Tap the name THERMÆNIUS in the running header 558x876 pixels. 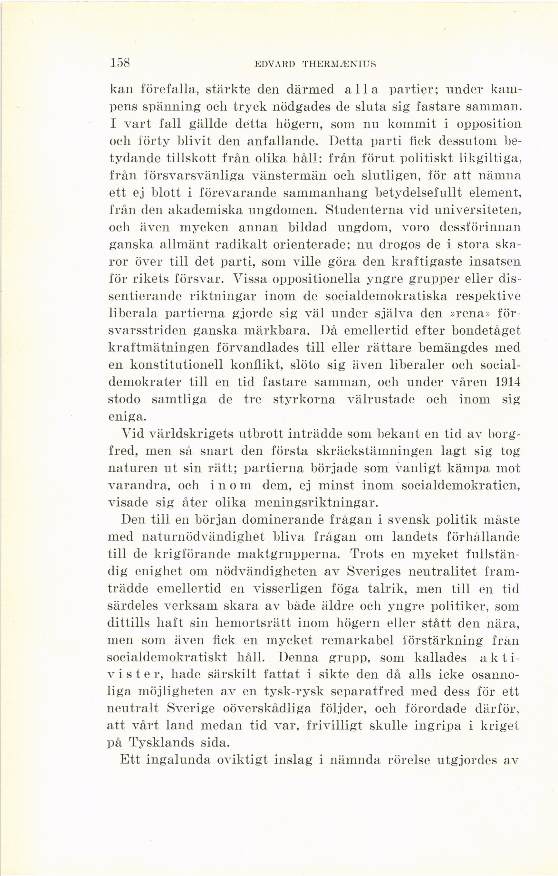(x=339, y=64)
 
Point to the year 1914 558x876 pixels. (x=507, y=382)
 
